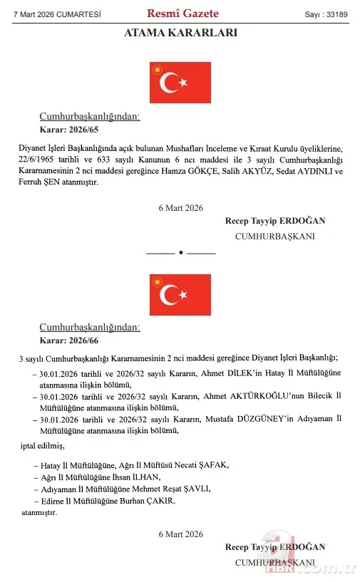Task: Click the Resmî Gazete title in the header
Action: point(182,13)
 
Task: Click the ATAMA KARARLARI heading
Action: point(180,33)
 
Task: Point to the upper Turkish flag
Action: point(180,83)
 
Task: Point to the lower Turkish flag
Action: point(180,294)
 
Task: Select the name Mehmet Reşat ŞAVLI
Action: point(162,489)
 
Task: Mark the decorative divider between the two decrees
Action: point(180,252)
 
